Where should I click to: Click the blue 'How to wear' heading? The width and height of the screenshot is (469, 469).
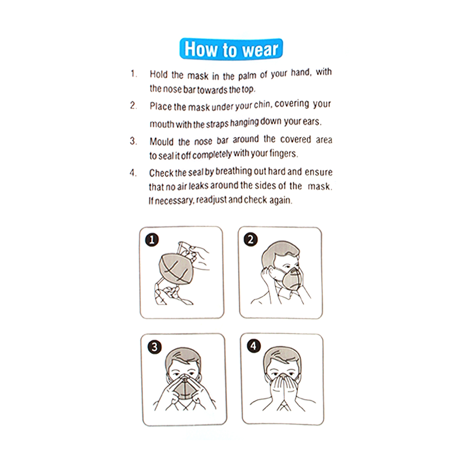coord(231,49)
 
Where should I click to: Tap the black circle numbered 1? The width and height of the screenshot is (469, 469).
coord(152,240)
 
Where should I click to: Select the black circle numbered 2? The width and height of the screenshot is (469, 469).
coord(251,240)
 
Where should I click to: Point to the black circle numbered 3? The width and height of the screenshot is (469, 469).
coord(154,347)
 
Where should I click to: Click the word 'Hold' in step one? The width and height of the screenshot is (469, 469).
coord(159,74)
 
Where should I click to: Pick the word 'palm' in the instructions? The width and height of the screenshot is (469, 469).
coord(247,76)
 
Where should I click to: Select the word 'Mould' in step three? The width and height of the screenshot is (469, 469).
coord(161,141)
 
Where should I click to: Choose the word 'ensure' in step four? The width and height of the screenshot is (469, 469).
coord(319,172)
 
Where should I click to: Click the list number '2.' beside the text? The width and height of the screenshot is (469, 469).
coord(133,106)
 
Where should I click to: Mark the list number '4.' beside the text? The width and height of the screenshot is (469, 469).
coord(133,173)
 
